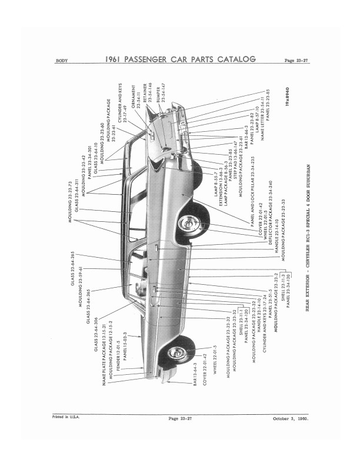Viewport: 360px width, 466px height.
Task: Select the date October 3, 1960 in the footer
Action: pyautogui.click(x=291, y=419)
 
